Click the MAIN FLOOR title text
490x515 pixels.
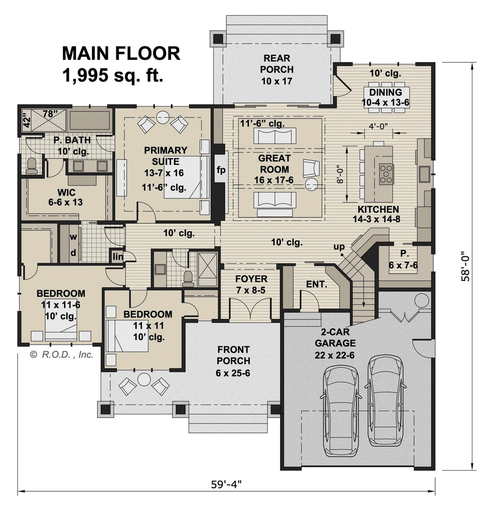tap(121, 53)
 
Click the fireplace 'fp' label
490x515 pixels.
tap(220, 170)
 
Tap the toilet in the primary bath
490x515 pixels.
tap(32, 165)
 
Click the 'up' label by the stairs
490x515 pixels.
tap(339, 246)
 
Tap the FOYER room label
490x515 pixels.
tap(251, 284)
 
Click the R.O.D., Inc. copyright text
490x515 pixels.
tap(62, 355)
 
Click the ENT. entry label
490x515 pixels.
tap(316, 284)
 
